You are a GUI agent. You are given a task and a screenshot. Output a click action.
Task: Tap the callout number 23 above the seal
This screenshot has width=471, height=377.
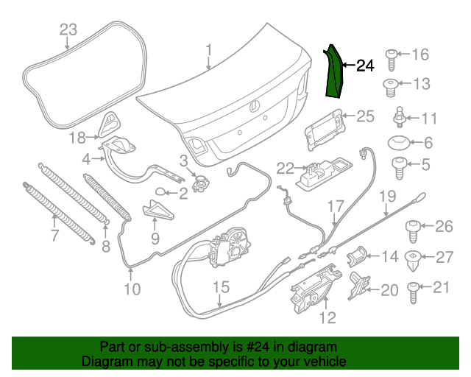68,29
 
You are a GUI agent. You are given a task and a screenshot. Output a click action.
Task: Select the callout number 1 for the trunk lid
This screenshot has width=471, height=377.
208,50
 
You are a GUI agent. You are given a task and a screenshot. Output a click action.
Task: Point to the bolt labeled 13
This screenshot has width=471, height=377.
393,85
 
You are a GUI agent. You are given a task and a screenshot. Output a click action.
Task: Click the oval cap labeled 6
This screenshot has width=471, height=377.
399,143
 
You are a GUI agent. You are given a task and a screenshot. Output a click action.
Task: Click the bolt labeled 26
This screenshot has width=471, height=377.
414,228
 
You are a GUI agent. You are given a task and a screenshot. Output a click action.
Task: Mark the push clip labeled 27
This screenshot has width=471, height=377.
415,258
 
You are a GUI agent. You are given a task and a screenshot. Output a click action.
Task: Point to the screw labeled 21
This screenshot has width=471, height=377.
414,289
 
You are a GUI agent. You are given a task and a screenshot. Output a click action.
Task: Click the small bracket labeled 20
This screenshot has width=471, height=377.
358,284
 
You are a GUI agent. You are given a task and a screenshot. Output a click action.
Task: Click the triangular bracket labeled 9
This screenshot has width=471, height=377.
157,212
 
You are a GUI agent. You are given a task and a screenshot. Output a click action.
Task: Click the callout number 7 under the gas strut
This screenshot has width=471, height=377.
54,236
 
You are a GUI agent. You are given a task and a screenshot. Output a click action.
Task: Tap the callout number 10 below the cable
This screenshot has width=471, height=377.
132,289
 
